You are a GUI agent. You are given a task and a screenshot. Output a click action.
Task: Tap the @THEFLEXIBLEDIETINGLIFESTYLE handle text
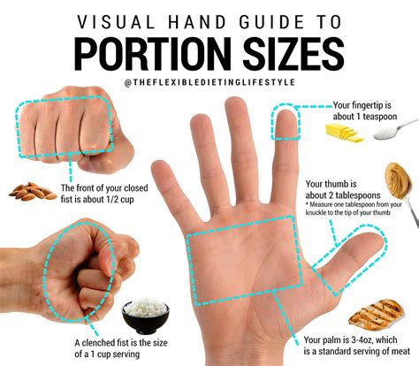point(209,83)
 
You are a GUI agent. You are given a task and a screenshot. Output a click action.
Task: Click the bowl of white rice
point(144,316)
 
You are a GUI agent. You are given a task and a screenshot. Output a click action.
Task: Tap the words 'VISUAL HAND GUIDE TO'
point(209,19)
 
